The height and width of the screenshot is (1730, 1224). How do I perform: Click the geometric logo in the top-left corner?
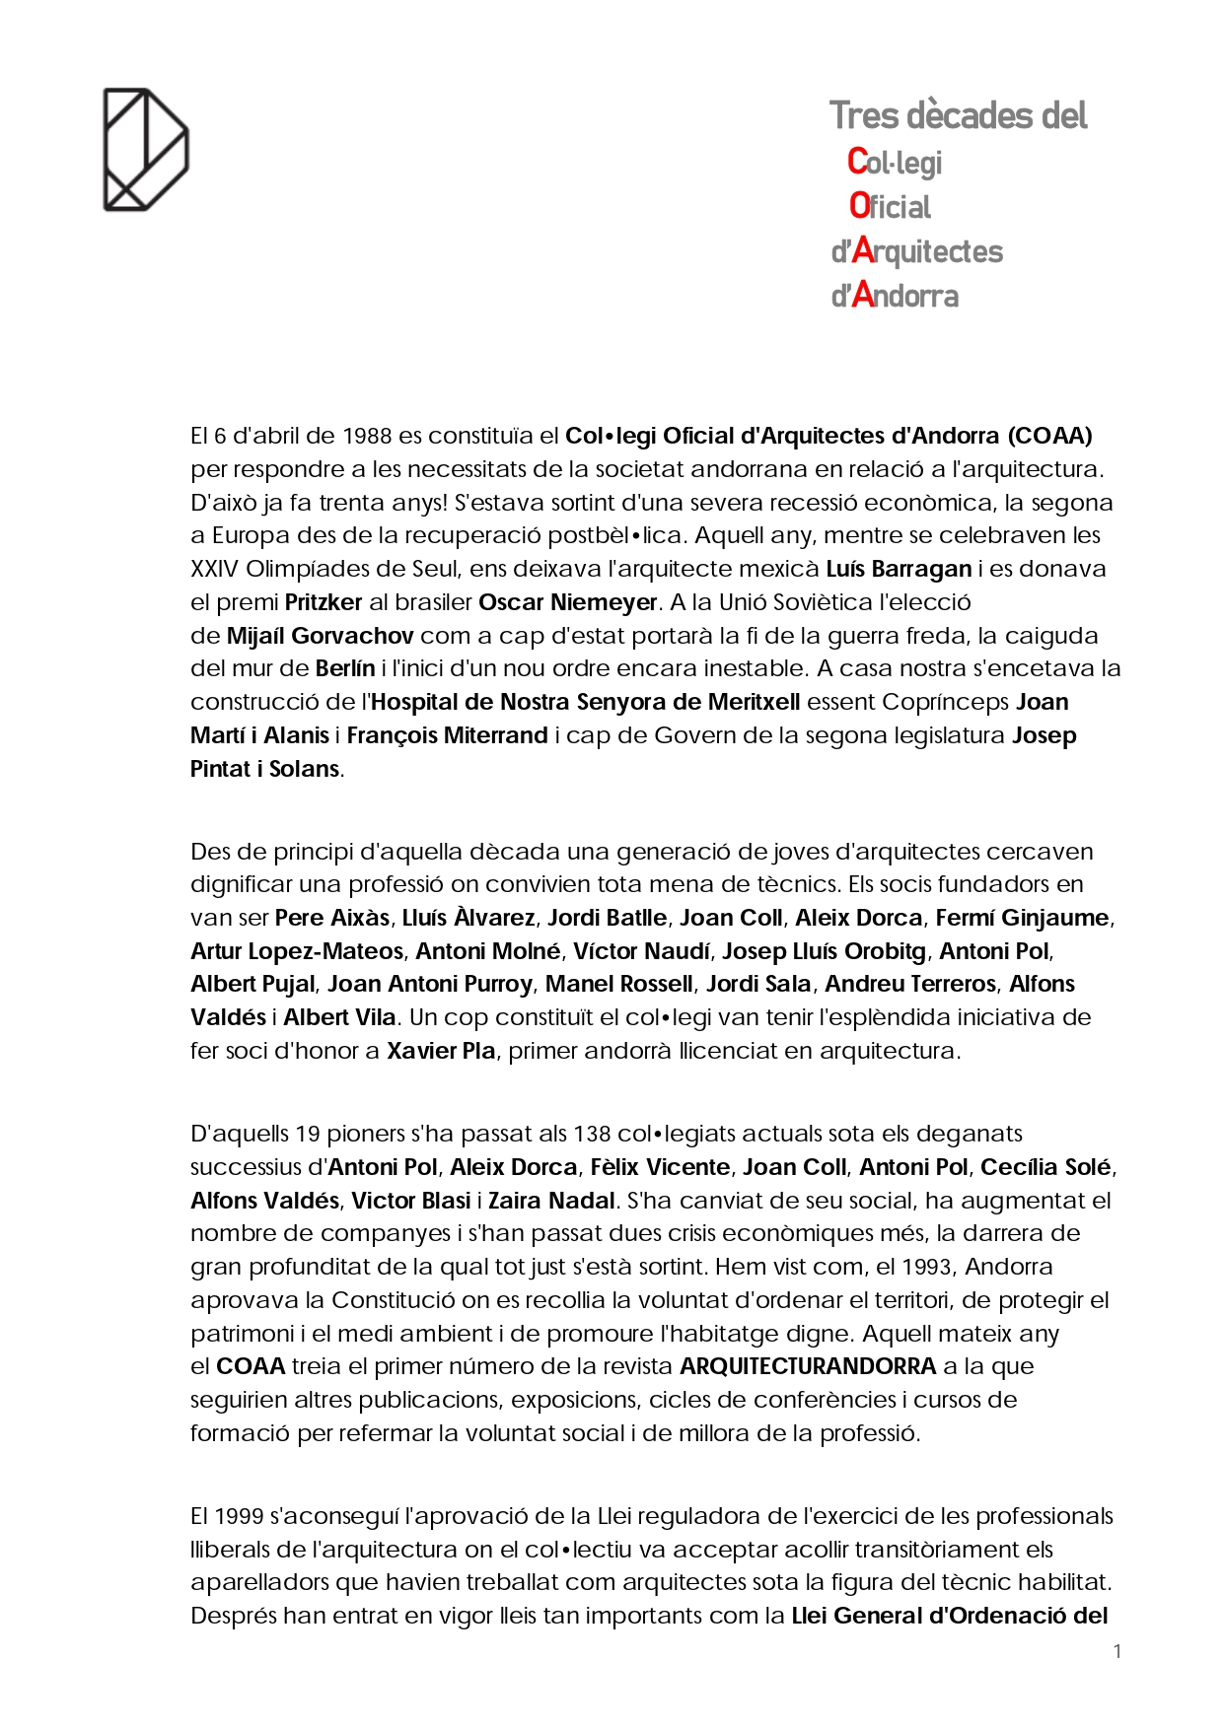[x=146, y=149]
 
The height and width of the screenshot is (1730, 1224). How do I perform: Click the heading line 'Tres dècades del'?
[x=958, y=115]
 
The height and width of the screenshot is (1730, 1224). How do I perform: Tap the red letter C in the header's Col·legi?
[x=857, y=161]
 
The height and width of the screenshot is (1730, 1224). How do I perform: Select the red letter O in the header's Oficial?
[x=859, y=206]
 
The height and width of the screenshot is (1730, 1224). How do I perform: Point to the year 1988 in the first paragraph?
[x=367, y=436]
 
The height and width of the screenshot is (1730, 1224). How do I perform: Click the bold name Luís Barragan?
[x=899, y=569]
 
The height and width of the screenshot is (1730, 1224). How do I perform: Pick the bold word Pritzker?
[x=324, y=602]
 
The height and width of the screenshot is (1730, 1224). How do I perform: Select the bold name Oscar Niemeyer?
[x=567, y=602]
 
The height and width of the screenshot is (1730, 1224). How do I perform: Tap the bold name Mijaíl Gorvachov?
[x=320, y=636]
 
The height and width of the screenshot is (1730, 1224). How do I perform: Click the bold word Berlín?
[x=345, y=668]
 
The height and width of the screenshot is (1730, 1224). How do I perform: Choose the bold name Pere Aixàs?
[x=332, y=918]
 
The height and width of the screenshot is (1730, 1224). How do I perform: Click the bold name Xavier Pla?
[x=441, y=1051]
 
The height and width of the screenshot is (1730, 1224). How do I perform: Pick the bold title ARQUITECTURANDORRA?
[x=808, y=1366]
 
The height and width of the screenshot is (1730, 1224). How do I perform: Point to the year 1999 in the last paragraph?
[x=238, y=1516]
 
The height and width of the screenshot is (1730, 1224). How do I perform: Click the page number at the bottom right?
[x=1117, y=1651]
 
